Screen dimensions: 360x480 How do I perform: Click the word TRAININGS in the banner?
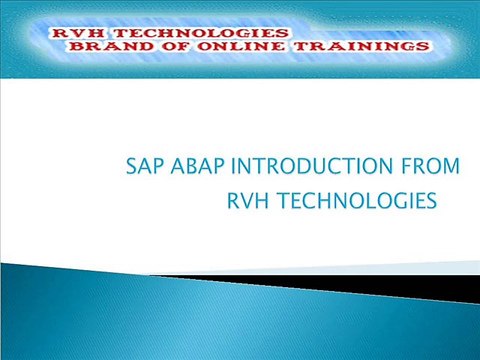366,47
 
